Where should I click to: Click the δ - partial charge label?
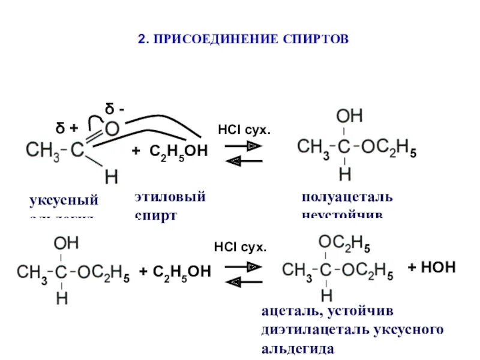115,110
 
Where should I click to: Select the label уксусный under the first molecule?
64,200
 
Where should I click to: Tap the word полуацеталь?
347,197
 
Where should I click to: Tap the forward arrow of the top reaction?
245,146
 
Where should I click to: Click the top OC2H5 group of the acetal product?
344,243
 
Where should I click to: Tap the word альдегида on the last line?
298,348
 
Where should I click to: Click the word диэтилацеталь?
309,329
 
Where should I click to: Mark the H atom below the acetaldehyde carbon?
112,177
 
